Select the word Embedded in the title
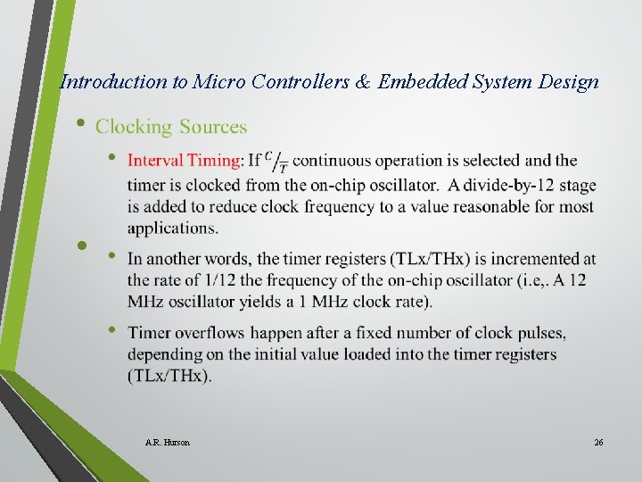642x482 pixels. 421,82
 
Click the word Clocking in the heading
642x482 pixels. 134,127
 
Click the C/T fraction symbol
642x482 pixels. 277,161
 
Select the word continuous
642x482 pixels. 331,161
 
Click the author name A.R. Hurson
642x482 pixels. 167,442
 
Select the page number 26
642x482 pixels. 598,442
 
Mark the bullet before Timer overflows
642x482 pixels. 112,330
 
